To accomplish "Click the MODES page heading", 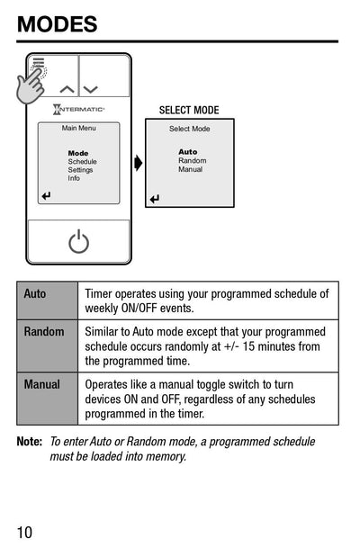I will tap(57, 24).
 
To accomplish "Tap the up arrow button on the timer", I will tap(67, 89).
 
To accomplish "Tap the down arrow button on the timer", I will tap(91, 89).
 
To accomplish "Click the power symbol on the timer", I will tap(79, 241).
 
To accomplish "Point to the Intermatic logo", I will tap(79, 110).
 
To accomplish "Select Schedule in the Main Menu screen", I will tap(82, 162).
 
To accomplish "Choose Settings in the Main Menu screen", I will tap(80, 170).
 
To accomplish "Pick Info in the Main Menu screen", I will tap(74, 178).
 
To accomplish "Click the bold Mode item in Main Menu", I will tap(78, 153).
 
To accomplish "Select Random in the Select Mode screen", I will tap(192, 161).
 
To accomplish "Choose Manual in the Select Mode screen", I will tap(190, 169).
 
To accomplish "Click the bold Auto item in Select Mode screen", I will tap(187, 152).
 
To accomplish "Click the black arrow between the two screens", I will tap(138, 163).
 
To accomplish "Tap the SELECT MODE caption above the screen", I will tap(189, 111).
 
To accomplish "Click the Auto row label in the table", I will tap(35, 294).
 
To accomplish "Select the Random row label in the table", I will tap(44, 332).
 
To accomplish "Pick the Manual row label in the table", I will tap(42, 384).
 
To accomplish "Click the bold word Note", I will tap(30, 442).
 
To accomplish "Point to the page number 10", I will tap(24, 532).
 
